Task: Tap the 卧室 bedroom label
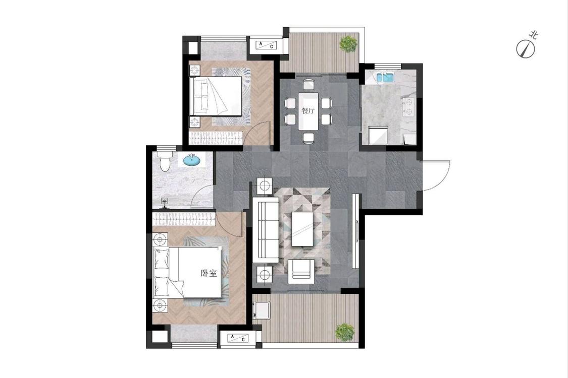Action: pyautogui.click(x=209, y=273)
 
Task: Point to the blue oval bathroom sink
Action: pyautogui.click(x=192, y=160)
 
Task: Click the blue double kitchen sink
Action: pyautogui.click(x=385, y=78)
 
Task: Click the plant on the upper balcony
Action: pyautogui.click(x=348, y=44)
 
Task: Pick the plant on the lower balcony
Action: pyautogui.click(x=344, y=332)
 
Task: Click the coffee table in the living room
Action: pyautogui.click(x=302, y=229)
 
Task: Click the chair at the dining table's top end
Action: pyautogui.click(x=308, y=84)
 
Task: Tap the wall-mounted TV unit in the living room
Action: pyautogui.click(x=356, y=231)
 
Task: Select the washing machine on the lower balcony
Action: pyautogui.click(x=262, y=310)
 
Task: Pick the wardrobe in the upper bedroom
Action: pyautogui.click(x=216, y=138)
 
